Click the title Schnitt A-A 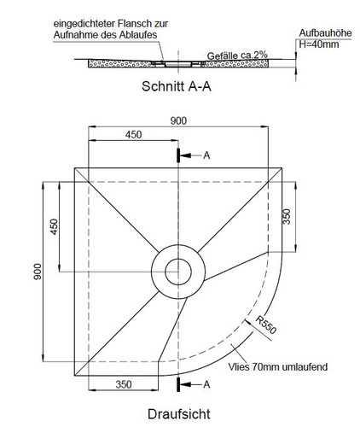click(x=177, y=86)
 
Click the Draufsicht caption click(x=179, y=414)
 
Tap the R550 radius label click(x=266, y=325)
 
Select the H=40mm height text click(x=319, y=44)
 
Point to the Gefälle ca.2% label click(x=237, y=56)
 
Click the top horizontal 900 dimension click(x=178, y=121)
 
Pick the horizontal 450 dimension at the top click(x=133, y=135)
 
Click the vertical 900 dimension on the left click(x=38, y=272)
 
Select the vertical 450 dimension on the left click(x=54, y=226)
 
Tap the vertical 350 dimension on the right click(x=287, y=217)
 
